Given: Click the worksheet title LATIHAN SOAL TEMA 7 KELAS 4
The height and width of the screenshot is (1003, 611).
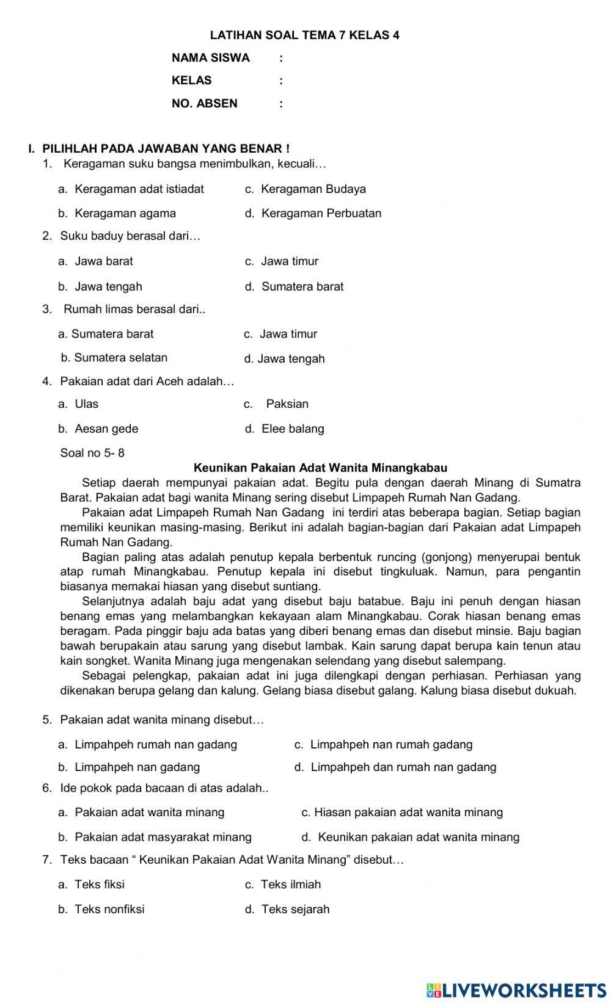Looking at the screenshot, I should coord(304,35).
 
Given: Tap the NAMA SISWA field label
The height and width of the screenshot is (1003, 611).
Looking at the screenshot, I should coord(211,58).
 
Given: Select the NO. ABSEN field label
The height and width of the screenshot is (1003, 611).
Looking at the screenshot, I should coord(205,103).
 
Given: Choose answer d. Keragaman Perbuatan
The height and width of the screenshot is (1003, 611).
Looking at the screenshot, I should coord(313,213).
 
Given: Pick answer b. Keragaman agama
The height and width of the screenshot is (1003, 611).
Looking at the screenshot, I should coord(117,213).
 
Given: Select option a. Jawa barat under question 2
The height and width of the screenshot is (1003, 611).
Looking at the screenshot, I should coord(96,261).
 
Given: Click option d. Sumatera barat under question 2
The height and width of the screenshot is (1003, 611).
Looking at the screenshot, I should coord(295,286).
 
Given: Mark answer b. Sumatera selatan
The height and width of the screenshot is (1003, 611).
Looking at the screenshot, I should coord(114,358).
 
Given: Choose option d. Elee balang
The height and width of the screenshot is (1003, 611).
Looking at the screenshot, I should coord(285,429).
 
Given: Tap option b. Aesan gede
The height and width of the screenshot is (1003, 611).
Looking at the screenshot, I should coord(98,429).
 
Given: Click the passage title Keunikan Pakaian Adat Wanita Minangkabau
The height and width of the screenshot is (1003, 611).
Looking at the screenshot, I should coord(320,468).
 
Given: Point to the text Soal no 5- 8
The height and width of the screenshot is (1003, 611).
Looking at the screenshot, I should coord(92,453).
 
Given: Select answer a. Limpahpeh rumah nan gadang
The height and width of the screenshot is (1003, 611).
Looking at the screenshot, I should coord(148,744).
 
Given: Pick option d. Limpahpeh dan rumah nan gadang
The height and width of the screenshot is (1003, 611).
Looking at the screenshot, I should coord(395,767).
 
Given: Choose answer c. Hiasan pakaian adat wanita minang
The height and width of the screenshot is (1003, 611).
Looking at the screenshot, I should coord(402,812).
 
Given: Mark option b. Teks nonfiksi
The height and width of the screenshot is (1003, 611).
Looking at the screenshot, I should coord(101,909).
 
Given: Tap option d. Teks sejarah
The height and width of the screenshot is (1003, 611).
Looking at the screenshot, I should coord(287,909).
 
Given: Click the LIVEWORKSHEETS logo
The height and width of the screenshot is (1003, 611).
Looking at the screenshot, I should coord(517,990).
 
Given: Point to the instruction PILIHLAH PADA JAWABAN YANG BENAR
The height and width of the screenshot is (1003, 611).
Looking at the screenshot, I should coord(165,148).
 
